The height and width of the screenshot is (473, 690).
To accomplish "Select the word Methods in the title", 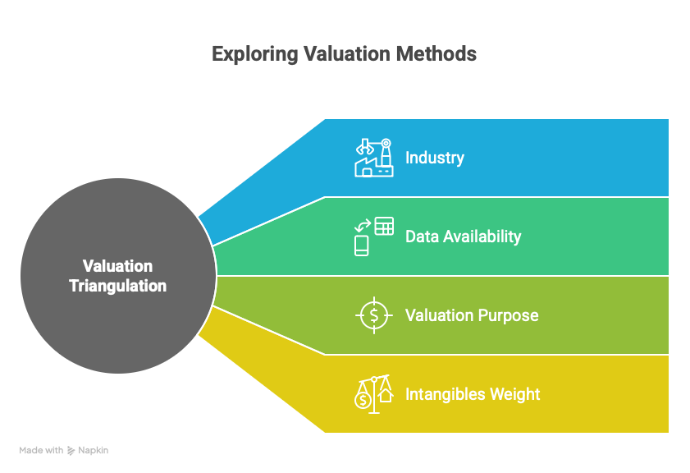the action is (x=436, y=53).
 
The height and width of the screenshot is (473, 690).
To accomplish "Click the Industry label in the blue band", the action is (x=435, y=158).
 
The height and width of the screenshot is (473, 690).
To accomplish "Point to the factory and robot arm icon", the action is (x=374, y=158).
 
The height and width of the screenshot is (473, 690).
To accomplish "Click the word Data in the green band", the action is (x=422, y=236).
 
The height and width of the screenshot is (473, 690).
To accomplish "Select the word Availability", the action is (x=482, y=237).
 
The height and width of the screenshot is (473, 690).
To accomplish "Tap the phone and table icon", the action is (x=374, y=236).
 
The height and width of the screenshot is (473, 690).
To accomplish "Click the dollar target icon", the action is (x=374, y=315).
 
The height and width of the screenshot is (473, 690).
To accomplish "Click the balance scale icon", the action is (x=374, y=394).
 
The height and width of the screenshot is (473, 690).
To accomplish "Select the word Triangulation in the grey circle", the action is (x=118, y=287).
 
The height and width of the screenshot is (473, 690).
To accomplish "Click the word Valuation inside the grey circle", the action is (x=118, y=266).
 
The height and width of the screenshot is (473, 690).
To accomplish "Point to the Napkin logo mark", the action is (x=71, y=451).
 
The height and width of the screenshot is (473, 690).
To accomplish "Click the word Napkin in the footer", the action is (x=94, y=451).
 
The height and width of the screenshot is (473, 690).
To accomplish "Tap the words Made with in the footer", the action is (x=41, y=450).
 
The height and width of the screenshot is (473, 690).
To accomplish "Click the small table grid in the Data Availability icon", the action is (x=384, y=226).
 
